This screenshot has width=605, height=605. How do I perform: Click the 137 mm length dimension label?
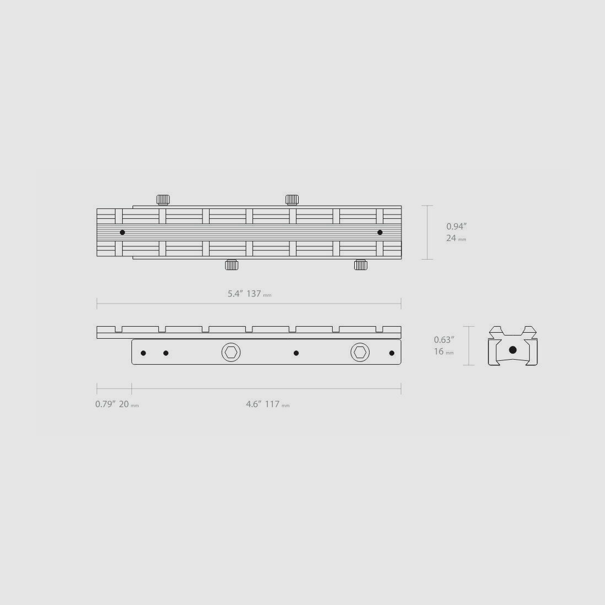(250, 294)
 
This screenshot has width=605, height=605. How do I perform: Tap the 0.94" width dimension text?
(457, 226)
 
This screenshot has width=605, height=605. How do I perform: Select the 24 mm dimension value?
(456, 239)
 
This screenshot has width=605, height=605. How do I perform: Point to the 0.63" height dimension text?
(444, 340)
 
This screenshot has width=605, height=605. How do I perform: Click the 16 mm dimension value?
(443, 351)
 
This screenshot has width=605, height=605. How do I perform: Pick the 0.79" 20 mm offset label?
(117, 404)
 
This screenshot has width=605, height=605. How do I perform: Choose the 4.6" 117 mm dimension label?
(267, 404)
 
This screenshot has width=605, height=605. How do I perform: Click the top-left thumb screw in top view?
(163, 200)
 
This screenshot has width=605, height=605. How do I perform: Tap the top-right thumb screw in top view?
(292, 200)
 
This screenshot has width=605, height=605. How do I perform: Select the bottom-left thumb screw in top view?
(232, 265)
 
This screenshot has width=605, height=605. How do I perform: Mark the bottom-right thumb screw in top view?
(361, 265)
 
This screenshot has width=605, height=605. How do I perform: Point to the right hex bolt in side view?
(360, 352)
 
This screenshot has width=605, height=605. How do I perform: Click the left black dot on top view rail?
(122, 232)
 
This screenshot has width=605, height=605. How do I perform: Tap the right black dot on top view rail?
(380, 232)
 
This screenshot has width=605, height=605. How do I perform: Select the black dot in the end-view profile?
(513, 350)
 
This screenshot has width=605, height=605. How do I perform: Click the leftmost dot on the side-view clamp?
(144, 353)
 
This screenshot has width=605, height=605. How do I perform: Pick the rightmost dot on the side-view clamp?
(392, 353)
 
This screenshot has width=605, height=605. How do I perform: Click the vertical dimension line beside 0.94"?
(428, 232)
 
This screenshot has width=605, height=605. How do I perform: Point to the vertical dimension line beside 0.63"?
(469, 346)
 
